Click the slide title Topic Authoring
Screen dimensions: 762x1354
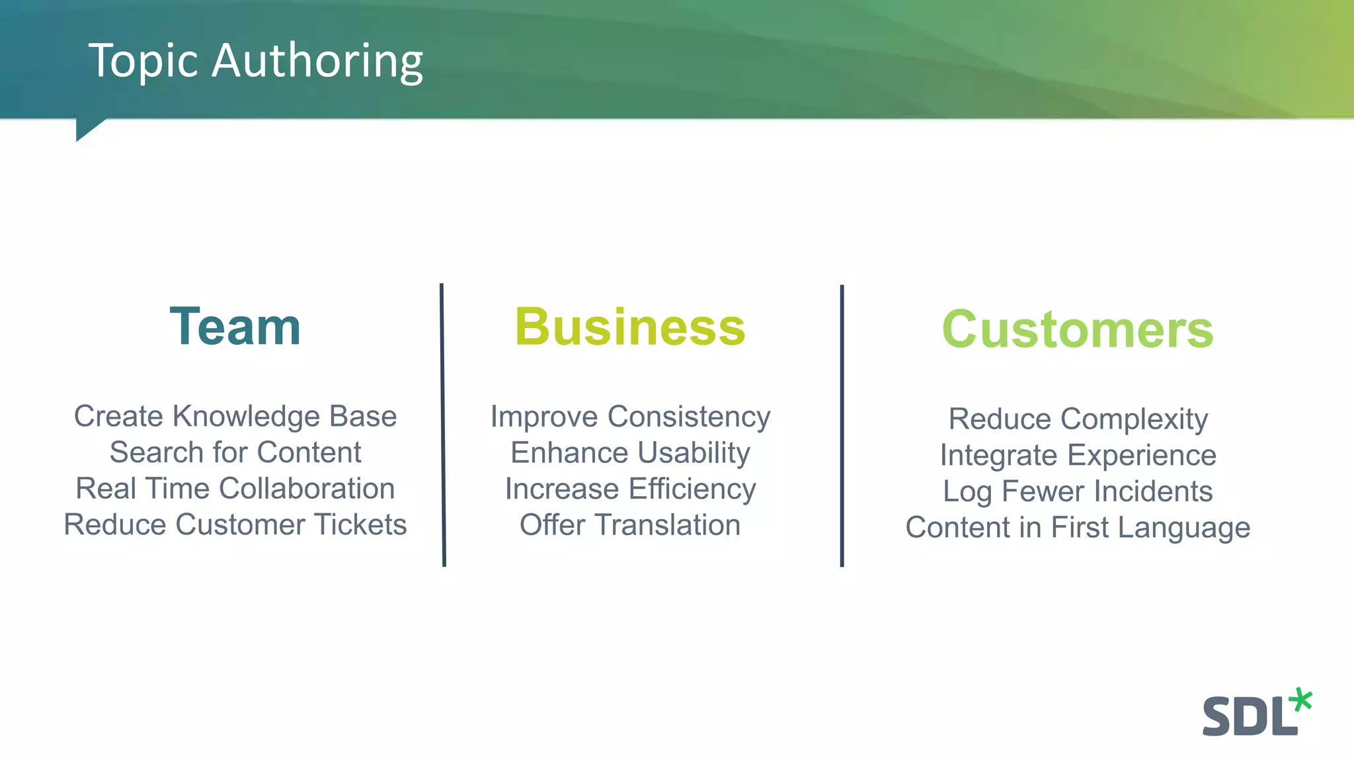click(255, 61)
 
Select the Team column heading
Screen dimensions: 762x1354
click(235, 327)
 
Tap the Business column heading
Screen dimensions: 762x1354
click(629, 327)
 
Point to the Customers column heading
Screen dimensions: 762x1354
click(1077, 329)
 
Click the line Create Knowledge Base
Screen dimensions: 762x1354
click(235, 417)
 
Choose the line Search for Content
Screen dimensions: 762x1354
click(235, 453)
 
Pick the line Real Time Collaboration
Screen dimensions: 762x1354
click(235, 489)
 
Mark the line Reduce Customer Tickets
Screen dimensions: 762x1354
click(235, 525)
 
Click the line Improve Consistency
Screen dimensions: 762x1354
click(629, 417)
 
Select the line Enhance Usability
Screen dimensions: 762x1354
click(629, 453)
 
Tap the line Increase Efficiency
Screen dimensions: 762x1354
click(629, 489)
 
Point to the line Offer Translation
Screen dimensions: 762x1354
click(629, 525)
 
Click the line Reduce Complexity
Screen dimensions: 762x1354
click(1078, 419)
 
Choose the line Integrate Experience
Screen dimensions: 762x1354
click(1078, 456)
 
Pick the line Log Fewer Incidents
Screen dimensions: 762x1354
click(1078, 491)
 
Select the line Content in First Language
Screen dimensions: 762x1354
click(1078, 528)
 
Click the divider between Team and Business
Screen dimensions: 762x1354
click(443, 425)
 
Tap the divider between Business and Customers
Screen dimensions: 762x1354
click(842, 425)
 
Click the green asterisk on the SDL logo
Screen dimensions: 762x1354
click(1301, 700)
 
